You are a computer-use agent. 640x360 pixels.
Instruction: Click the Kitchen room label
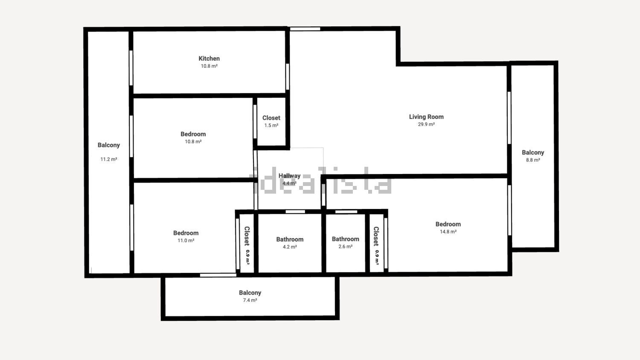(x=209, y=58)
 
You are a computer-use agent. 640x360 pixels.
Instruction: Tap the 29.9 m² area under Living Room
(x=426, y=124)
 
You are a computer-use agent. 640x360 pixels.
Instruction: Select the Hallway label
(x=289, y=176)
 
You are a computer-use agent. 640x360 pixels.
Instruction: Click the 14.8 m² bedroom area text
(x=448, y=232)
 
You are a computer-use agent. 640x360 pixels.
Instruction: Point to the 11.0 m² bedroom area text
(x=186, y=241)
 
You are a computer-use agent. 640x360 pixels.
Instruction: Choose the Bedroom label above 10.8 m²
(x=193, y=134)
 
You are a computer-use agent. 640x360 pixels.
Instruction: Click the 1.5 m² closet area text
(x=271, y=125)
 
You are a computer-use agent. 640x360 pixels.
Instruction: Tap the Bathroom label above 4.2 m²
(x=290, y=239)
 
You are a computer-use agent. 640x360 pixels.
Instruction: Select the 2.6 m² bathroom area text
(x=346, y=247)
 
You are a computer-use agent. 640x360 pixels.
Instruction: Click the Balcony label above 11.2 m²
(x=108, y=145)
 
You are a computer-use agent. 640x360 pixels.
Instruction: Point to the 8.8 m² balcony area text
(x=533, y=160)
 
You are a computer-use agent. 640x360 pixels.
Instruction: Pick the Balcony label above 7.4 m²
(x=250, y=293)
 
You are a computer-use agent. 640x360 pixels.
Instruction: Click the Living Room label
(x=426, y=116)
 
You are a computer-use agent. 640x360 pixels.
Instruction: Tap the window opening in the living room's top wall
(x=305, y=29)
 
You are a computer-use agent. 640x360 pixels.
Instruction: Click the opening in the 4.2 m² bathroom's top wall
(x=295, y=212)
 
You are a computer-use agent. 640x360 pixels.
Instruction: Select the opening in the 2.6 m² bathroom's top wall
(x=346, y=212)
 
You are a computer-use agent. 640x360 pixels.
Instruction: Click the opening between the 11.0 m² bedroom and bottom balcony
(x=218, y=275)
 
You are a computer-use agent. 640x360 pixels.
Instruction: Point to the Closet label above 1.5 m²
(x=271, y=118)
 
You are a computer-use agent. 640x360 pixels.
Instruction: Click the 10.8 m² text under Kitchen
(x=209, y=66)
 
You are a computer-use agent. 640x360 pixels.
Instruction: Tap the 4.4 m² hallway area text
(x=289, y=183)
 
